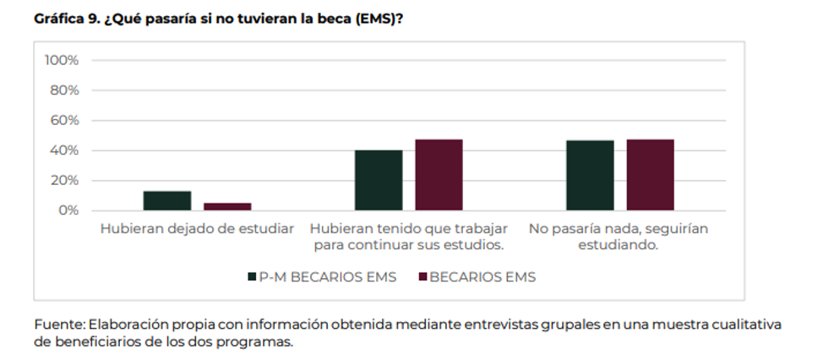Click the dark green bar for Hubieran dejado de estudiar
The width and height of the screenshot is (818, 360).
[167, 200]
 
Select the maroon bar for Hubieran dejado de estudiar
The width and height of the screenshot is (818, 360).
[227, 206]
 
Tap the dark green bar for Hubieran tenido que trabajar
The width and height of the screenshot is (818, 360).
[379, 180]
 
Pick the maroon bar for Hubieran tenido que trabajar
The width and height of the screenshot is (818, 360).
[439, 175]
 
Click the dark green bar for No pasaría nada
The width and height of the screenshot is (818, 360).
[590, 175]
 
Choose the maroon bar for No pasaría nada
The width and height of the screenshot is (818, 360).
[650, 175]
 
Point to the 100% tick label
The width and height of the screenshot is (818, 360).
[61, 61]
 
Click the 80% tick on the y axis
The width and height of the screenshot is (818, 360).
[64, 90]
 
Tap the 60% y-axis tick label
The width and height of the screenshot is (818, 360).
[64, 121]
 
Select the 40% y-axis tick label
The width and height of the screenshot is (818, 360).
[64, 150]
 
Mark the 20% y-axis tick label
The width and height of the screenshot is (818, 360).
[64, 181]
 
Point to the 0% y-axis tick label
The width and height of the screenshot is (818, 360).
[68, 210]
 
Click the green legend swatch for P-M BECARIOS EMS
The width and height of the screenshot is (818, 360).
[252, 277]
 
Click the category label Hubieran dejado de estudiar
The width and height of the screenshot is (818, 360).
[197, 229]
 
